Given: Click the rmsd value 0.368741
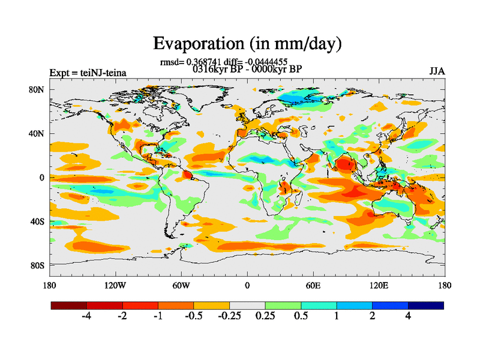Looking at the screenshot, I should pos(206,62).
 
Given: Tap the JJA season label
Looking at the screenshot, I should pos(437,71).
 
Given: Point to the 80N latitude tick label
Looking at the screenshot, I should pos(38,89).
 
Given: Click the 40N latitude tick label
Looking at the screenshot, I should pos(38,133).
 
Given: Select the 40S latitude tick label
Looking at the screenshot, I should pos(38,221).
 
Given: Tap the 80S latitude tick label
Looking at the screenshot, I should pos(38,265).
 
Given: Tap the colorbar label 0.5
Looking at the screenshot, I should pos(301,317).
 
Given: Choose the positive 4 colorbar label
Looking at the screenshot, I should pos(408,317).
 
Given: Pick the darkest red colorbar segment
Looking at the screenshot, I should pos(69,305).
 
